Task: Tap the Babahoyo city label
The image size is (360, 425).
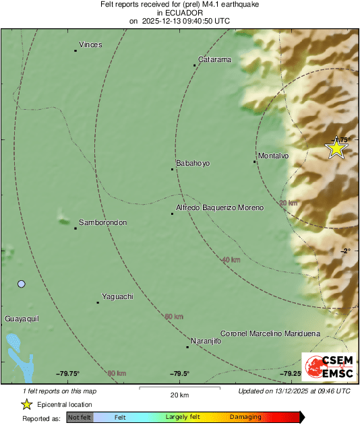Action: (x=193, y=163)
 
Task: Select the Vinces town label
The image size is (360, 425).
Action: (x=90, y=45)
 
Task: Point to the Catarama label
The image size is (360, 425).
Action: (x=215, y=59)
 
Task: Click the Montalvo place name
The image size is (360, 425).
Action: (x=274, y=156)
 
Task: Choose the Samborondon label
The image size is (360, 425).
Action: (x=102, y=222)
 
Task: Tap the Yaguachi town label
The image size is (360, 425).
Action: (x=117, y=296)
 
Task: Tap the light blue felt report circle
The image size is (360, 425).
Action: (x=22, y=284)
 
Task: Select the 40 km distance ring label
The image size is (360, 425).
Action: (x=231, y=259)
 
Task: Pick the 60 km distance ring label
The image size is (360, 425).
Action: (x=174, y=316)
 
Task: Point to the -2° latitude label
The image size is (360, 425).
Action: (x=346, y=251)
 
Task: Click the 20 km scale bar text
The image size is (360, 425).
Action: (x=179, y=395)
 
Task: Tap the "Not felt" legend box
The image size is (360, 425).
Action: (x=80, y=417)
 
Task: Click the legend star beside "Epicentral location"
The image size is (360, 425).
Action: (x=26, y=405)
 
